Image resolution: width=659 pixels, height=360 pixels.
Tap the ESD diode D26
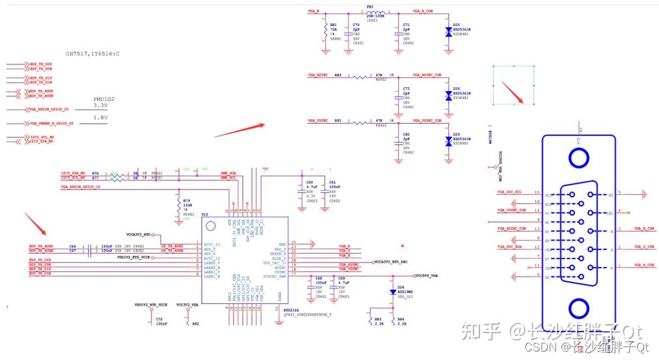pos(448,95)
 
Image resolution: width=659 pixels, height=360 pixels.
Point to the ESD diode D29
pos(448,141)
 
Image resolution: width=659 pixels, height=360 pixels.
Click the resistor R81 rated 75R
pos(324,30)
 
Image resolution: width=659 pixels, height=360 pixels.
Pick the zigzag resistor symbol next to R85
pos(362,77)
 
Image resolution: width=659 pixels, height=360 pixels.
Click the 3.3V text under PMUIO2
pos(100,105)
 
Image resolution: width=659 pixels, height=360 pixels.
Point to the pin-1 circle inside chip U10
pos(210,227)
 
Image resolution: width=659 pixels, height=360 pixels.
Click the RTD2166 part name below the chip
pos(291,311)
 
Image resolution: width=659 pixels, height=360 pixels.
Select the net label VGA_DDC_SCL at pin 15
pos(509,193)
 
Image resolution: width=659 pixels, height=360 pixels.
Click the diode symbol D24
pos(392,292)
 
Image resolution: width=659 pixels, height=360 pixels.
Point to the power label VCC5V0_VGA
pos(431,275)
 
